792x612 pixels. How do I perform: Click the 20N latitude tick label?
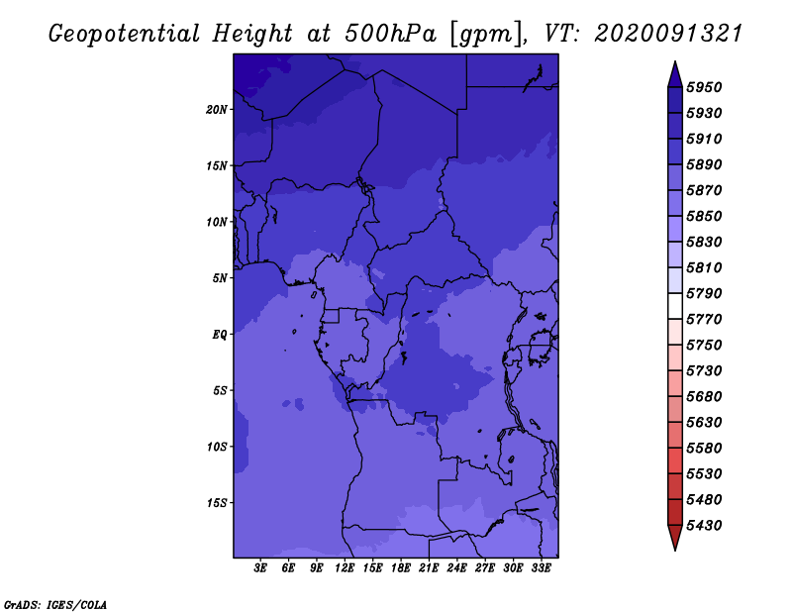pos(216,110)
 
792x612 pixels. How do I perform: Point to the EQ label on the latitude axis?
pos(219,335)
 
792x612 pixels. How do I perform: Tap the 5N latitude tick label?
pos(220,278)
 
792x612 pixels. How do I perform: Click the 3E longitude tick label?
pos(260,568)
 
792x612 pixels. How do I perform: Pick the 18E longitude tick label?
pos(401,568)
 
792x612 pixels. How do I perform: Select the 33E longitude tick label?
pos(541,568)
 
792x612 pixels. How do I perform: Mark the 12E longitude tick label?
pos(345,568)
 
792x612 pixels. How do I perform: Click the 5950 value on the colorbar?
pos(704,87)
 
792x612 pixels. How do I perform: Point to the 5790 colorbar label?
pos(704,293)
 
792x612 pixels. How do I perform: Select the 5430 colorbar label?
pos(704,526)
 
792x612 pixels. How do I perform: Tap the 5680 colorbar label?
pos(704,397)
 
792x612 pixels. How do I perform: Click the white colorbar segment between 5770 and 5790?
pos(675,306)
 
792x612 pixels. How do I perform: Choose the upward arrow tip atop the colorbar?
pos(675,61)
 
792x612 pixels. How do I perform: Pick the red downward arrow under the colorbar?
pos(675,538)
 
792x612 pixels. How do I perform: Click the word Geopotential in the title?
pos(124,34)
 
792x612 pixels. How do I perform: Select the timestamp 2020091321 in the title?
pos(668,34)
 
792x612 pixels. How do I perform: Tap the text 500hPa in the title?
pos(390,34)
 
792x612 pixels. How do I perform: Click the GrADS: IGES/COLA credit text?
pos(55,605)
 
